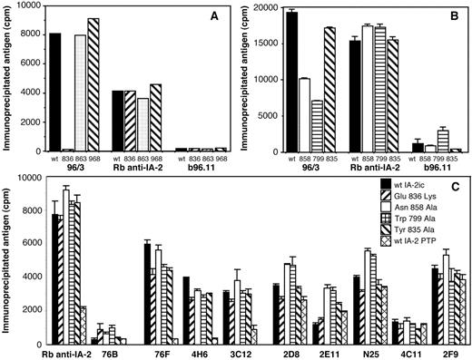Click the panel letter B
point(447,16)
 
